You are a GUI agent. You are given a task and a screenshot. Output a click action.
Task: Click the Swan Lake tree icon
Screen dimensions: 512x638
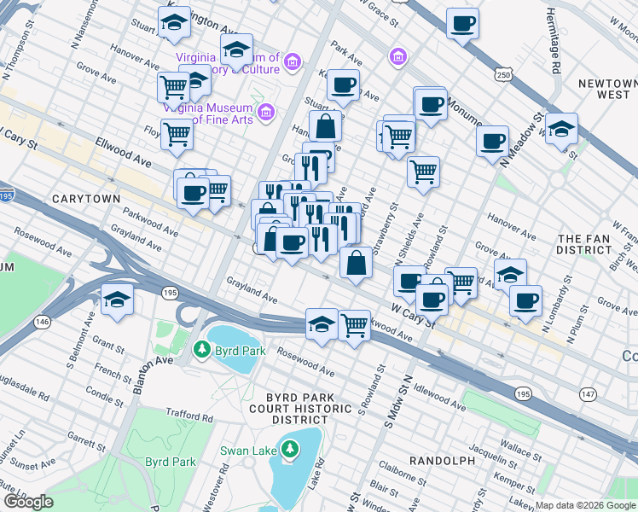[290, 449]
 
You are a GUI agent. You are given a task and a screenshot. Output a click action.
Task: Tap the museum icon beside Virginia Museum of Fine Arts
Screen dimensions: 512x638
[265, 112]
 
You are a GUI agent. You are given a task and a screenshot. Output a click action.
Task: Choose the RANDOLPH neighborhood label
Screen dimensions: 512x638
[441, 461]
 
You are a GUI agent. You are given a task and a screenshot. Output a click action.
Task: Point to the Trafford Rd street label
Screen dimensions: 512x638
[189, 416]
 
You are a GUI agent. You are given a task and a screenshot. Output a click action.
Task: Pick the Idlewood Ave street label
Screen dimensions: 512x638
[439, 400]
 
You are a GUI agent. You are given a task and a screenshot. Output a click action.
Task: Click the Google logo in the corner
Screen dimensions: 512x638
[27, 501]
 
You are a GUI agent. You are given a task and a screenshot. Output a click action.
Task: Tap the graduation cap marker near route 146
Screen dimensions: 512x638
[117, 300]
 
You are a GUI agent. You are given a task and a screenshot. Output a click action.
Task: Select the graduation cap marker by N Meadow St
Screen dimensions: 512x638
[561, 129]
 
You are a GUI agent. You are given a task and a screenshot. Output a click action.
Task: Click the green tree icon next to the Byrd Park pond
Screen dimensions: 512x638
[201, 348]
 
